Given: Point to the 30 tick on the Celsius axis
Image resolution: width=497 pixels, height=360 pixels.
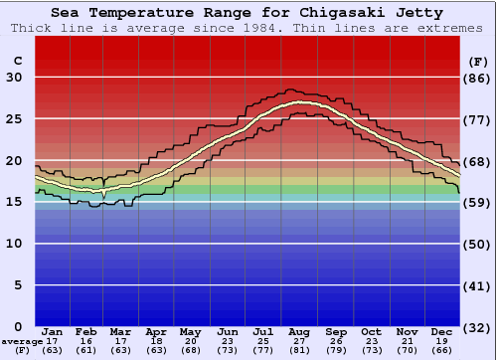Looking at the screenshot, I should pyautogui.click(x=14, y=78).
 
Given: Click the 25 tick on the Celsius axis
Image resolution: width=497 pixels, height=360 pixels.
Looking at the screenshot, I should pyautogui.click(x=14, y=119).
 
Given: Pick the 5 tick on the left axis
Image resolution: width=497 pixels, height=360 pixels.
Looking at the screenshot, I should pyautogui.click(x=18, y=285).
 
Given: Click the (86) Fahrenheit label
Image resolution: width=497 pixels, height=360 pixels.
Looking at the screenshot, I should pyautogui.click(x=477, y=78).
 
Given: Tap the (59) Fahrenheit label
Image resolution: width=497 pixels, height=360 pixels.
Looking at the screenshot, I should pyautogui.click(x=477, y=203).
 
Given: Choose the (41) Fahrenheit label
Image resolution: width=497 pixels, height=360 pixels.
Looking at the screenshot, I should pyautogui.click(x=477, y=285).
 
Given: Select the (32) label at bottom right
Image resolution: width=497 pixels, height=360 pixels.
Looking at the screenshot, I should pyautogui.click(x=477, y=327).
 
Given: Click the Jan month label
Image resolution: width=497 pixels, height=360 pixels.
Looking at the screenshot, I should pyautogui.click(x=53, y=331).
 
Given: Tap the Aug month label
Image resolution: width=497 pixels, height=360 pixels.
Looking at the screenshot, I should pyautogui.click(x=299, y=331).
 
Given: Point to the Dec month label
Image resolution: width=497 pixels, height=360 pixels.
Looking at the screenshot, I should pyautogui.click(x=441, y=331).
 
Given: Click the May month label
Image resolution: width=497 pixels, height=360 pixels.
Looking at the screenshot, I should pyautogui.click(x=189, y=331).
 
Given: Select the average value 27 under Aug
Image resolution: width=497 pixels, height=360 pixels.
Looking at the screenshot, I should pyautogui.click(x=299, y=341).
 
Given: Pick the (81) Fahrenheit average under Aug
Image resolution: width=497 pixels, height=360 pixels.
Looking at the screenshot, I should pyautogui.click(x=299, y=350).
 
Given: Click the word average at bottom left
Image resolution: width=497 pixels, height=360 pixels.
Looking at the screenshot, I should pyautogui.click(x=21, y=341).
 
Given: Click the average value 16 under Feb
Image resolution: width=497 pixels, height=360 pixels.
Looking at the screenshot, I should pyautogui.click(x=86, y=341).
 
